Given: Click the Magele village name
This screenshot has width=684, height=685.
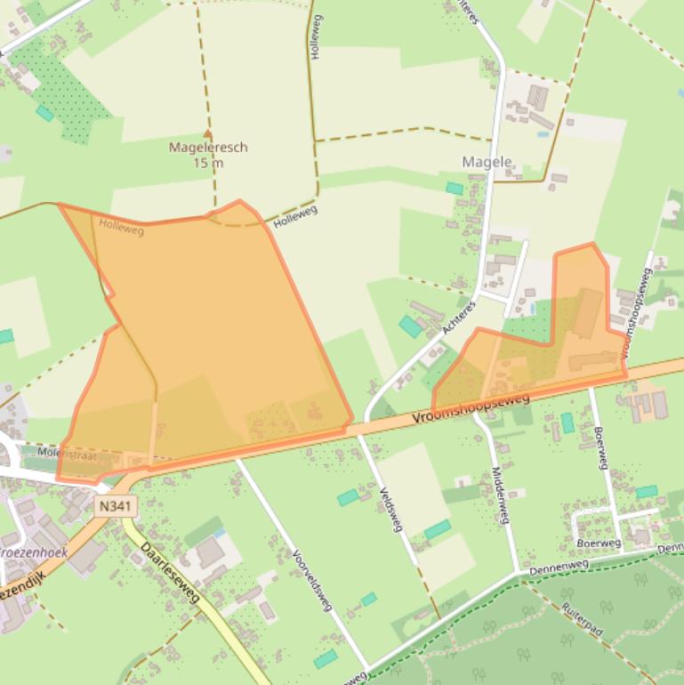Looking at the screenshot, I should point(487,162).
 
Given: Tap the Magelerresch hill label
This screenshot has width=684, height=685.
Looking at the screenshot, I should point(207,148).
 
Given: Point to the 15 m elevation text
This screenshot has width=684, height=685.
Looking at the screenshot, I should point(207,163).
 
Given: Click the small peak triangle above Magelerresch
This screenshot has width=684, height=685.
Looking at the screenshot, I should point(208,134).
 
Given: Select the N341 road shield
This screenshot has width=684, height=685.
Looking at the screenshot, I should point(108,505).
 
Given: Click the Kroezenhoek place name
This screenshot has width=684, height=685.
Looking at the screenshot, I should point(33,552).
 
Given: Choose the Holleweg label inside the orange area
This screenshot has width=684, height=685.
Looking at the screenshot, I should point(122,228).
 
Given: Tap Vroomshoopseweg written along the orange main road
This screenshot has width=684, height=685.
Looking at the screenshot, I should point(471,407).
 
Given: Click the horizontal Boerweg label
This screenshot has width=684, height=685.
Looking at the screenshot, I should point(599,542).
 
